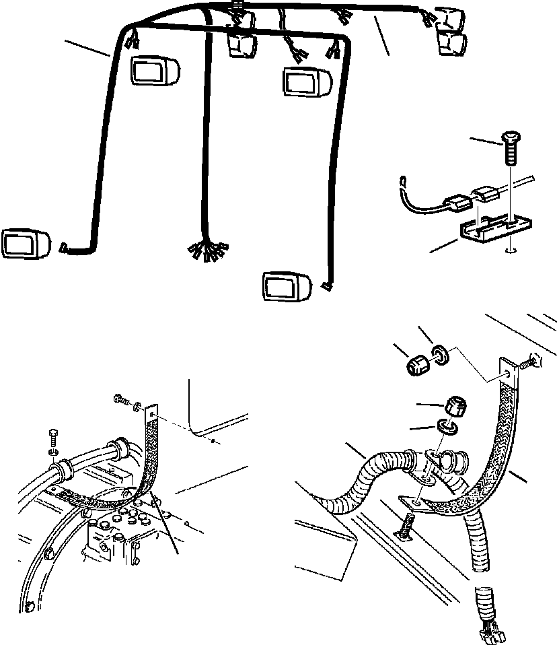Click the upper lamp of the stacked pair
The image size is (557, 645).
(x=449, y=20)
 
